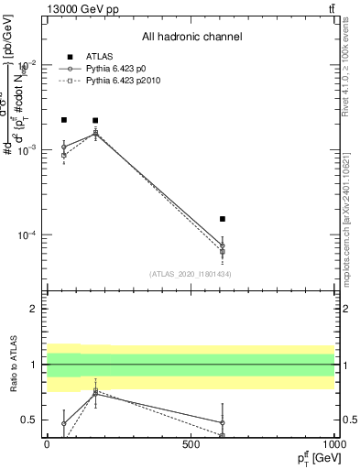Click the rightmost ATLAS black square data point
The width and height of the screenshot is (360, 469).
click(x=223, y=219)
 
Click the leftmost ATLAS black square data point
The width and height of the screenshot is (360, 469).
click(x=64, y=120)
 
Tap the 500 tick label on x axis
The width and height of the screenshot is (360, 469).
click(x=191, y=443)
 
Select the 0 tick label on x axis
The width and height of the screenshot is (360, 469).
click(x=47, y=443)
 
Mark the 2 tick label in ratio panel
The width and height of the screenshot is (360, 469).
click(x=33, y=309)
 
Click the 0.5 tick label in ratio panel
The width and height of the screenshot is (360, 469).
click(x=28, y=420)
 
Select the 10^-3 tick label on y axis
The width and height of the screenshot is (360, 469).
click(x=24, y=149)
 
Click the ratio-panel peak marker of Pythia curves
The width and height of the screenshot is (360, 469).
click(x=95, y=392)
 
